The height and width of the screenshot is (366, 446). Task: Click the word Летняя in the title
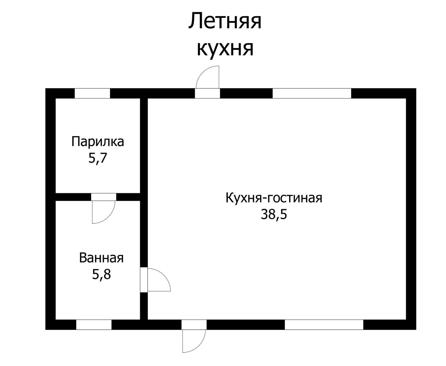[225, 21]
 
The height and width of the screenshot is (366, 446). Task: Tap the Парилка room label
[98, 141]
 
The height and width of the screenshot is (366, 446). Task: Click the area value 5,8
[101, 274]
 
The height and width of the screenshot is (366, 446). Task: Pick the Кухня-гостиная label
[274, 198]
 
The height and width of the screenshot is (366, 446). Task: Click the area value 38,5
[274, 215]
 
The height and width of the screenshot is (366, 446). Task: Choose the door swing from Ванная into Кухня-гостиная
[158, 280]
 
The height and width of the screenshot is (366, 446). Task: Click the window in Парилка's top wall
[92, 93]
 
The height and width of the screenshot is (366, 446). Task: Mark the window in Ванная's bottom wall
[94, 324]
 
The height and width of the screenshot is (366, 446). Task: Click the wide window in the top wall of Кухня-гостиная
[312, 93]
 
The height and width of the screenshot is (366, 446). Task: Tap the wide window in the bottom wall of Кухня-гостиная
[324, 324]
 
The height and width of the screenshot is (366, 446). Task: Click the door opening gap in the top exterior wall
[207, 93]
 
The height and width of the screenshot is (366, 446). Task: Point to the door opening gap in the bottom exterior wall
[194, 324]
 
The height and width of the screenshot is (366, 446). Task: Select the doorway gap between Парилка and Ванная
[103, 197]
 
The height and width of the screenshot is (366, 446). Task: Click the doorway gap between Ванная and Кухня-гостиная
[144, 280]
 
